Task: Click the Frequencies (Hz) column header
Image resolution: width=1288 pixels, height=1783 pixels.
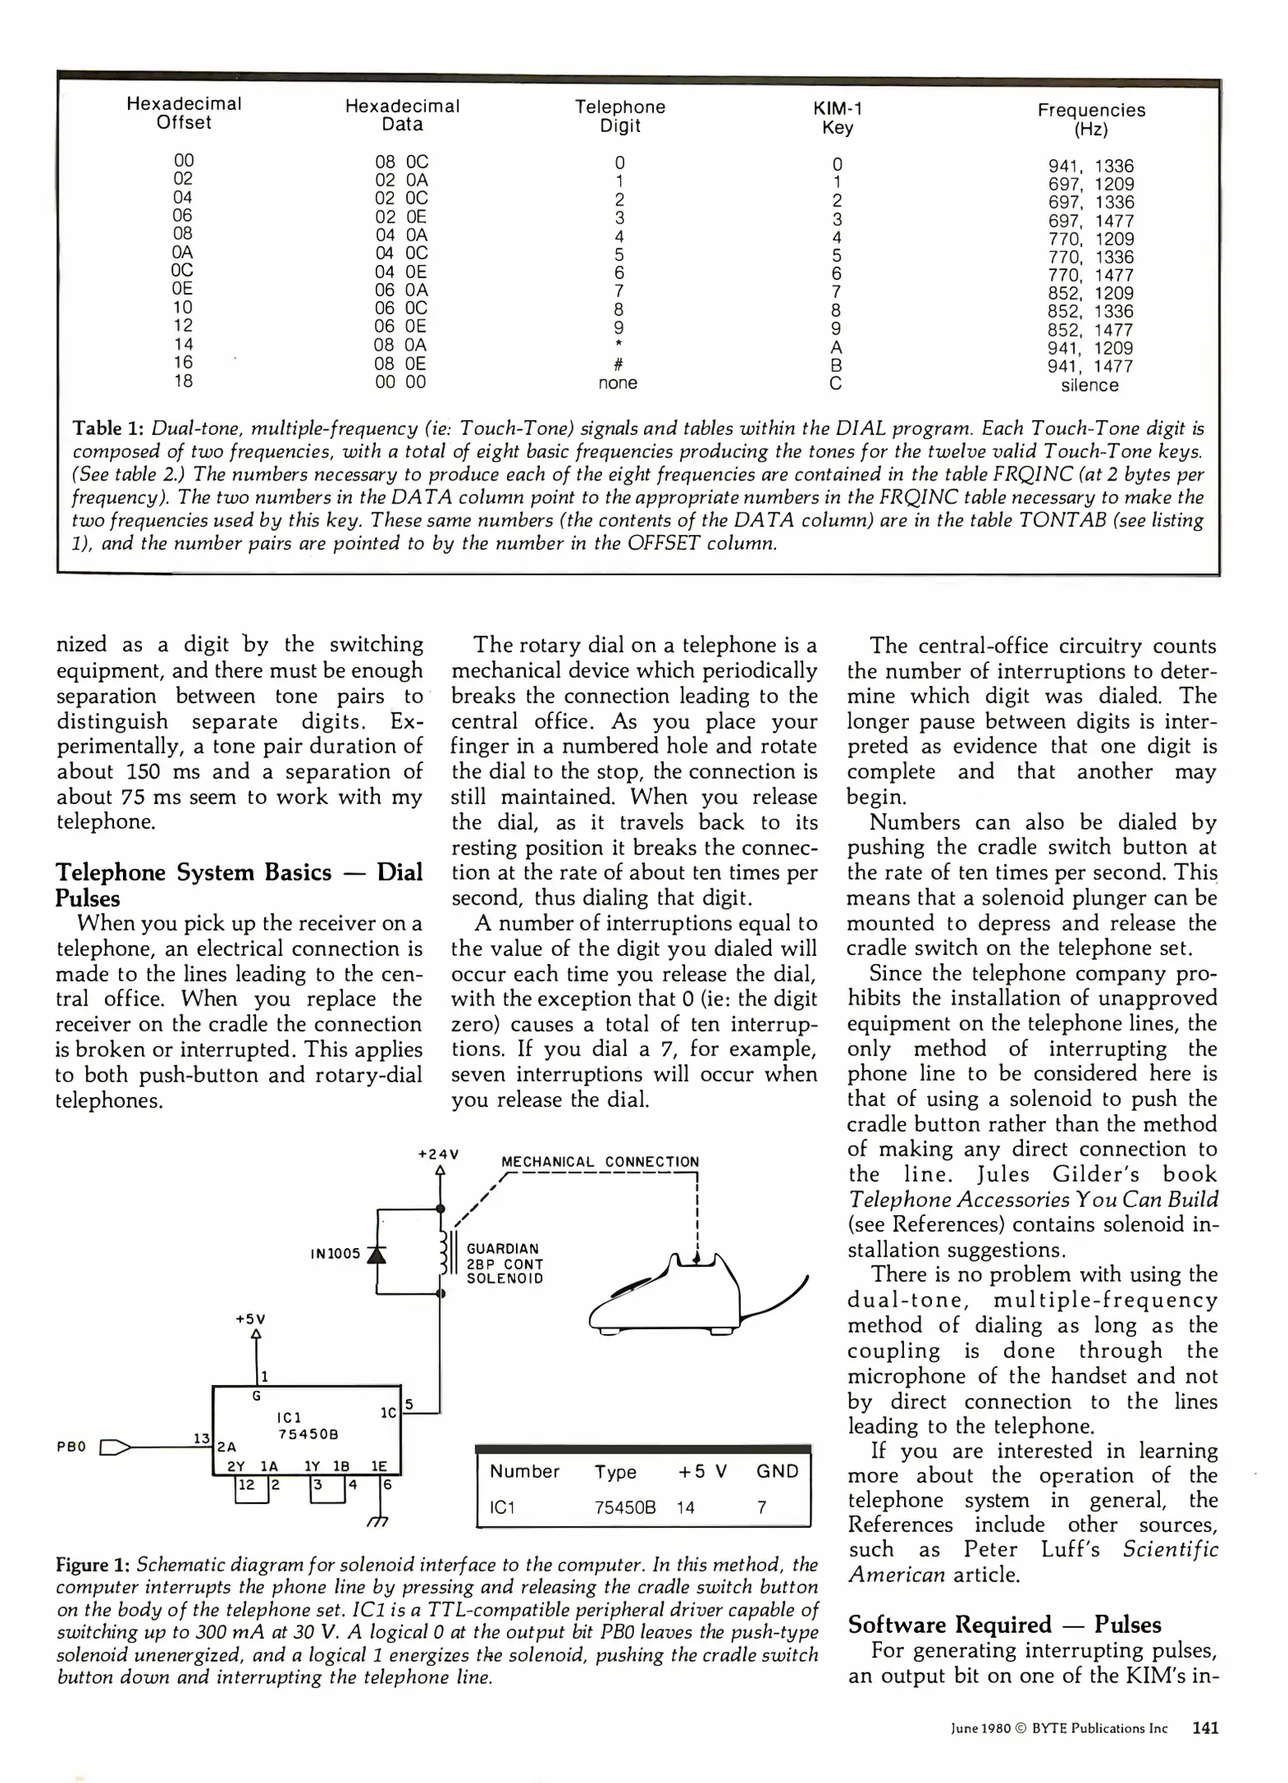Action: (x=1091, y=120)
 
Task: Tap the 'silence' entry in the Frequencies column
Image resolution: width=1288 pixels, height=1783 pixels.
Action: (x=1090, y=385)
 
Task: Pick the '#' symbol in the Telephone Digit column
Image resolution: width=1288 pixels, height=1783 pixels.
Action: (x=618, y=365)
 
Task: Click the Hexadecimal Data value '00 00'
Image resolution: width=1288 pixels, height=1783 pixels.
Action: (x=400, y=382)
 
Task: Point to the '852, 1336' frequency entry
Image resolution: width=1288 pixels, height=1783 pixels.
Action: (x=1091, y=312)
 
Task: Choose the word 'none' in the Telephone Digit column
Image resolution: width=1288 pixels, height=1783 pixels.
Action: (x=618, y=383)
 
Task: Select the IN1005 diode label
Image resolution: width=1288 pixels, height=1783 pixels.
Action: (x=335, y=1254)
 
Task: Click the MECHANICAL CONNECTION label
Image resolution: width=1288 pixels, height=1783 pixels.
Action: (x=600, y=1161)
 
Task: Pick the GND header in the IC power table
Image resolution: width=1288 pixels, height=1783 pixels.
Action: (x=777, y=1471)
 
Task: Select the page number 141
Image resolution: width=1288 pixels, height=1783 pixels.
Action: (x=1205, y=1728)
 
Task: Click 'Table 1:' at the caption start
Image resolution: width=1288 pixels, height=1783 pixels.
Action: (x=109, y=428)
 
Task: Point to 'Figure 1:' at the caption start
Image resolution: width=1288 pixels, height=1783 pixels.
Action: (x=92, y=1565)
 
